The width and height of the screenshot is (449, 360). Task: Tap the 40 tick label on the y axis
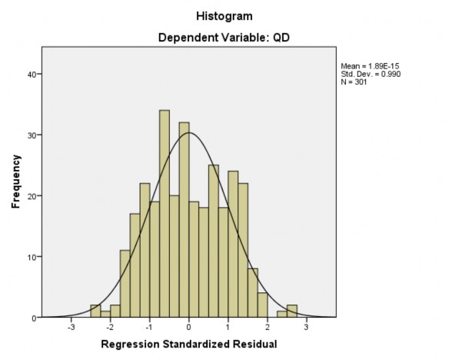coord(32,75)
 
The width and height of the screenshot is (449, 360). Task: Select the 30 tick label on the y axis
coord(32,135)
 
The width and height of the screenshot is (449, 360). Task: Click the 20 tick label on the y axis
coord(32,196)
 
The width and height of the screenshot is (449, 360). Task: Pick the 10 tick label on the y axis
coord(32,257)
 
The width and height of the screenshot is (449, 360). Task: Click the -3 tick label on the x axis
coord(71,326)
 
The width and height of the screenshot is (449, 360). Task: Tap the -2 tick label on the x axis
coord(110,326)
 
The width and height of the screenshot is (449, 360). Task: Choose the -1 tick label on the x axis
coord(149,326)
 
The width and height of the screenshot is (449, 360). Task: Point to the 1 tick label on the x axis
coord(228,326)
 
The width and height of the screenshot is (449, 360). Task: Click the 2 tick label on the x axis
coord(268,326)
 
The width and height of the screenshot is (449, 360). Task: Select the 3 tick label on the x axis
coord(307,326)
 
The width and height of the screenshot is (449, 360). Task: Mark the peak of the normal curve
coord(189,134)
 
